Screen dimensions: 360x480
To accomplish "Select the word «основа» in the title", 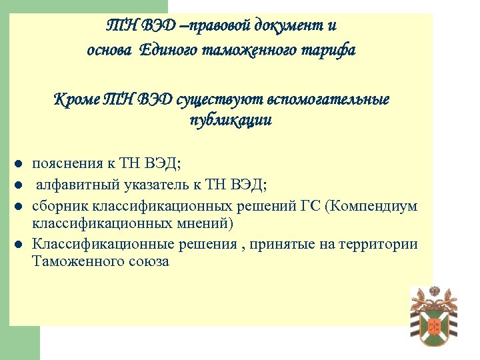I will (111, 50).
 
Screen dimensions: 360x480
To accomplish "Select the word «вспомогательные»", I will (328, 100).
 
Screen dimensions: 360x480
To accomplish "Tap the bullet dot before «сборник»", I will (20, 206).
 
